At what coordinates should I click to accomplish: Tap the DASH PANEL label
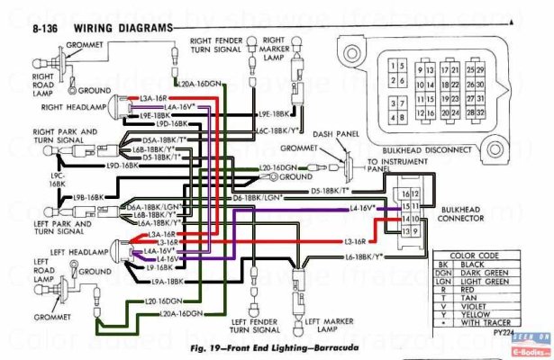(x=336, y=133)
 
